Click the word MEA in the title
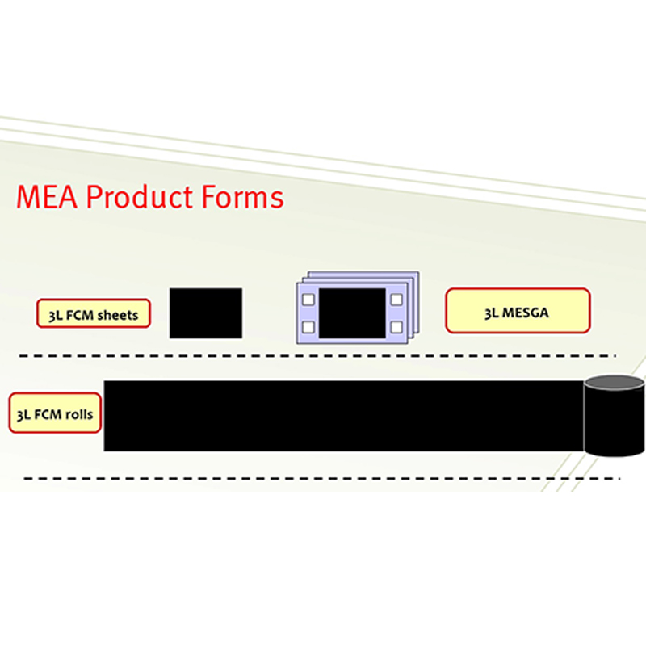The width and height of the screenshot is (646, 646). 47,197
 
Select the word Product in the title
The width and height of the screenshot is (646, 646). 139,196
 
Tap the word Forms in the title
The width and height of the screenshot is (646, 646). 242,197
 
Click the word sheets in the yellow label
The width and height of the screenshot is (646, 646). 118,315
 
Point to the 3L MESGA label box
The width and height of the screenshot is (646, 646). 518,311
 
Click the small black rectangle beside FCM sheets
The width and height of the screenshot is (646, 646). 206,313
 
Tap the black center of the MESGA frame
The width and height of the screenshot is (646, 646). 352,313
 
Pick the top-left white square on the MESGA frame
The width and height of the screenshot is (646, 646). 308,300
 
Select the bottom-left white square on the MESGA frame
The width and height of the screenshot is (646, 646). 308,328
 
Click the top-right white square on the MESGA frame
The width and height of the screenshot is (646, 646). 396,300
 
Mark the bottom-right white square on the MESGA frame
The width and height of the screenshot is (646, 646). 396,328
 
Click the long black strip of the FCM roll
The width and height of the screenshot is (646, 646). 344,416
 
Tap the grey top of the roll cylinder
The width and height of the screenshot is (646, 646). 615,383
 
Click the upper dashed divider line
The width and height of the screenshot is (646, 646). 317,355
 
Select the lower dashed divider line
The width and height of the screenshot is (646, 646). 321,478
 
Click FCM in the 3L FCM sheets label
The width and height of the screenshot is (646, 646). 79,315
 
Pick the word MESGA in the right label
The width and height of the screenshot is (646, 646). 526,313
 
